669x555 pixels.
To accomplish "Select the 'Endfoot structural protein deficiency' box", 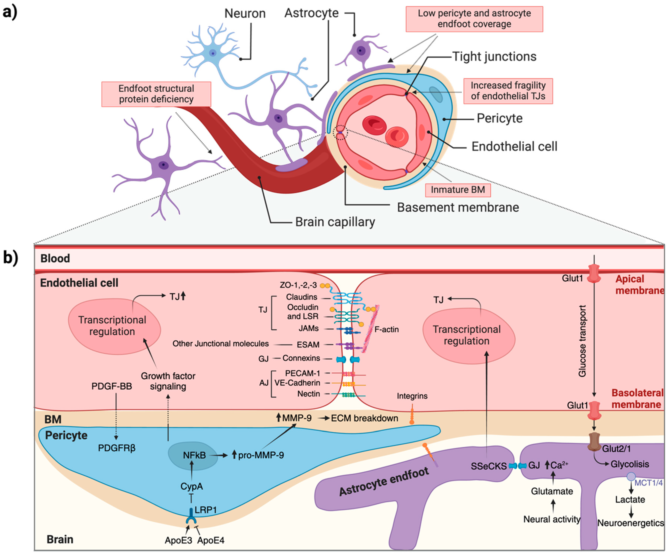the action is (156, 94).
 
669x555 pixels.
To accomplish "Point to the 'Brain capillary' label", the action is (335, 222).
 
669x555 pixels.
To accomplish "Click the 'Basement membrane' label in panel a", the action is (458, 207).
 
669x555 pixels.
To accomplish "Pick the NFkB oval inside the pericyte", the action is (193, 455).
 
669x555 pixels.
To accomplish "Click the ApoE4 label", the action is (211, 540).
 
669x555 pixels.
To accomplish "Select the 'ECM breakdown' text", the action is (364, 418).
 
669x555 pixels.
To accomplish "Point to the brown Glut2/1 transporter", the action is (594, 441).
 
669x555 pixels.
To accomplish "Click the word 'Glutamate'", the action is (552, 491).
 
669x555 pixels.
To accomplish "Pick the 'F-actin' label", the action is (386, 329).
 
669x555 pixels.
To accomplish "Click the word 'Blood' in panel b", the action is (55, 258).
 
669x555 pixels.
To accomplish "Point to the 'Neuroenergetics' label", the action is (630, 523).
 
